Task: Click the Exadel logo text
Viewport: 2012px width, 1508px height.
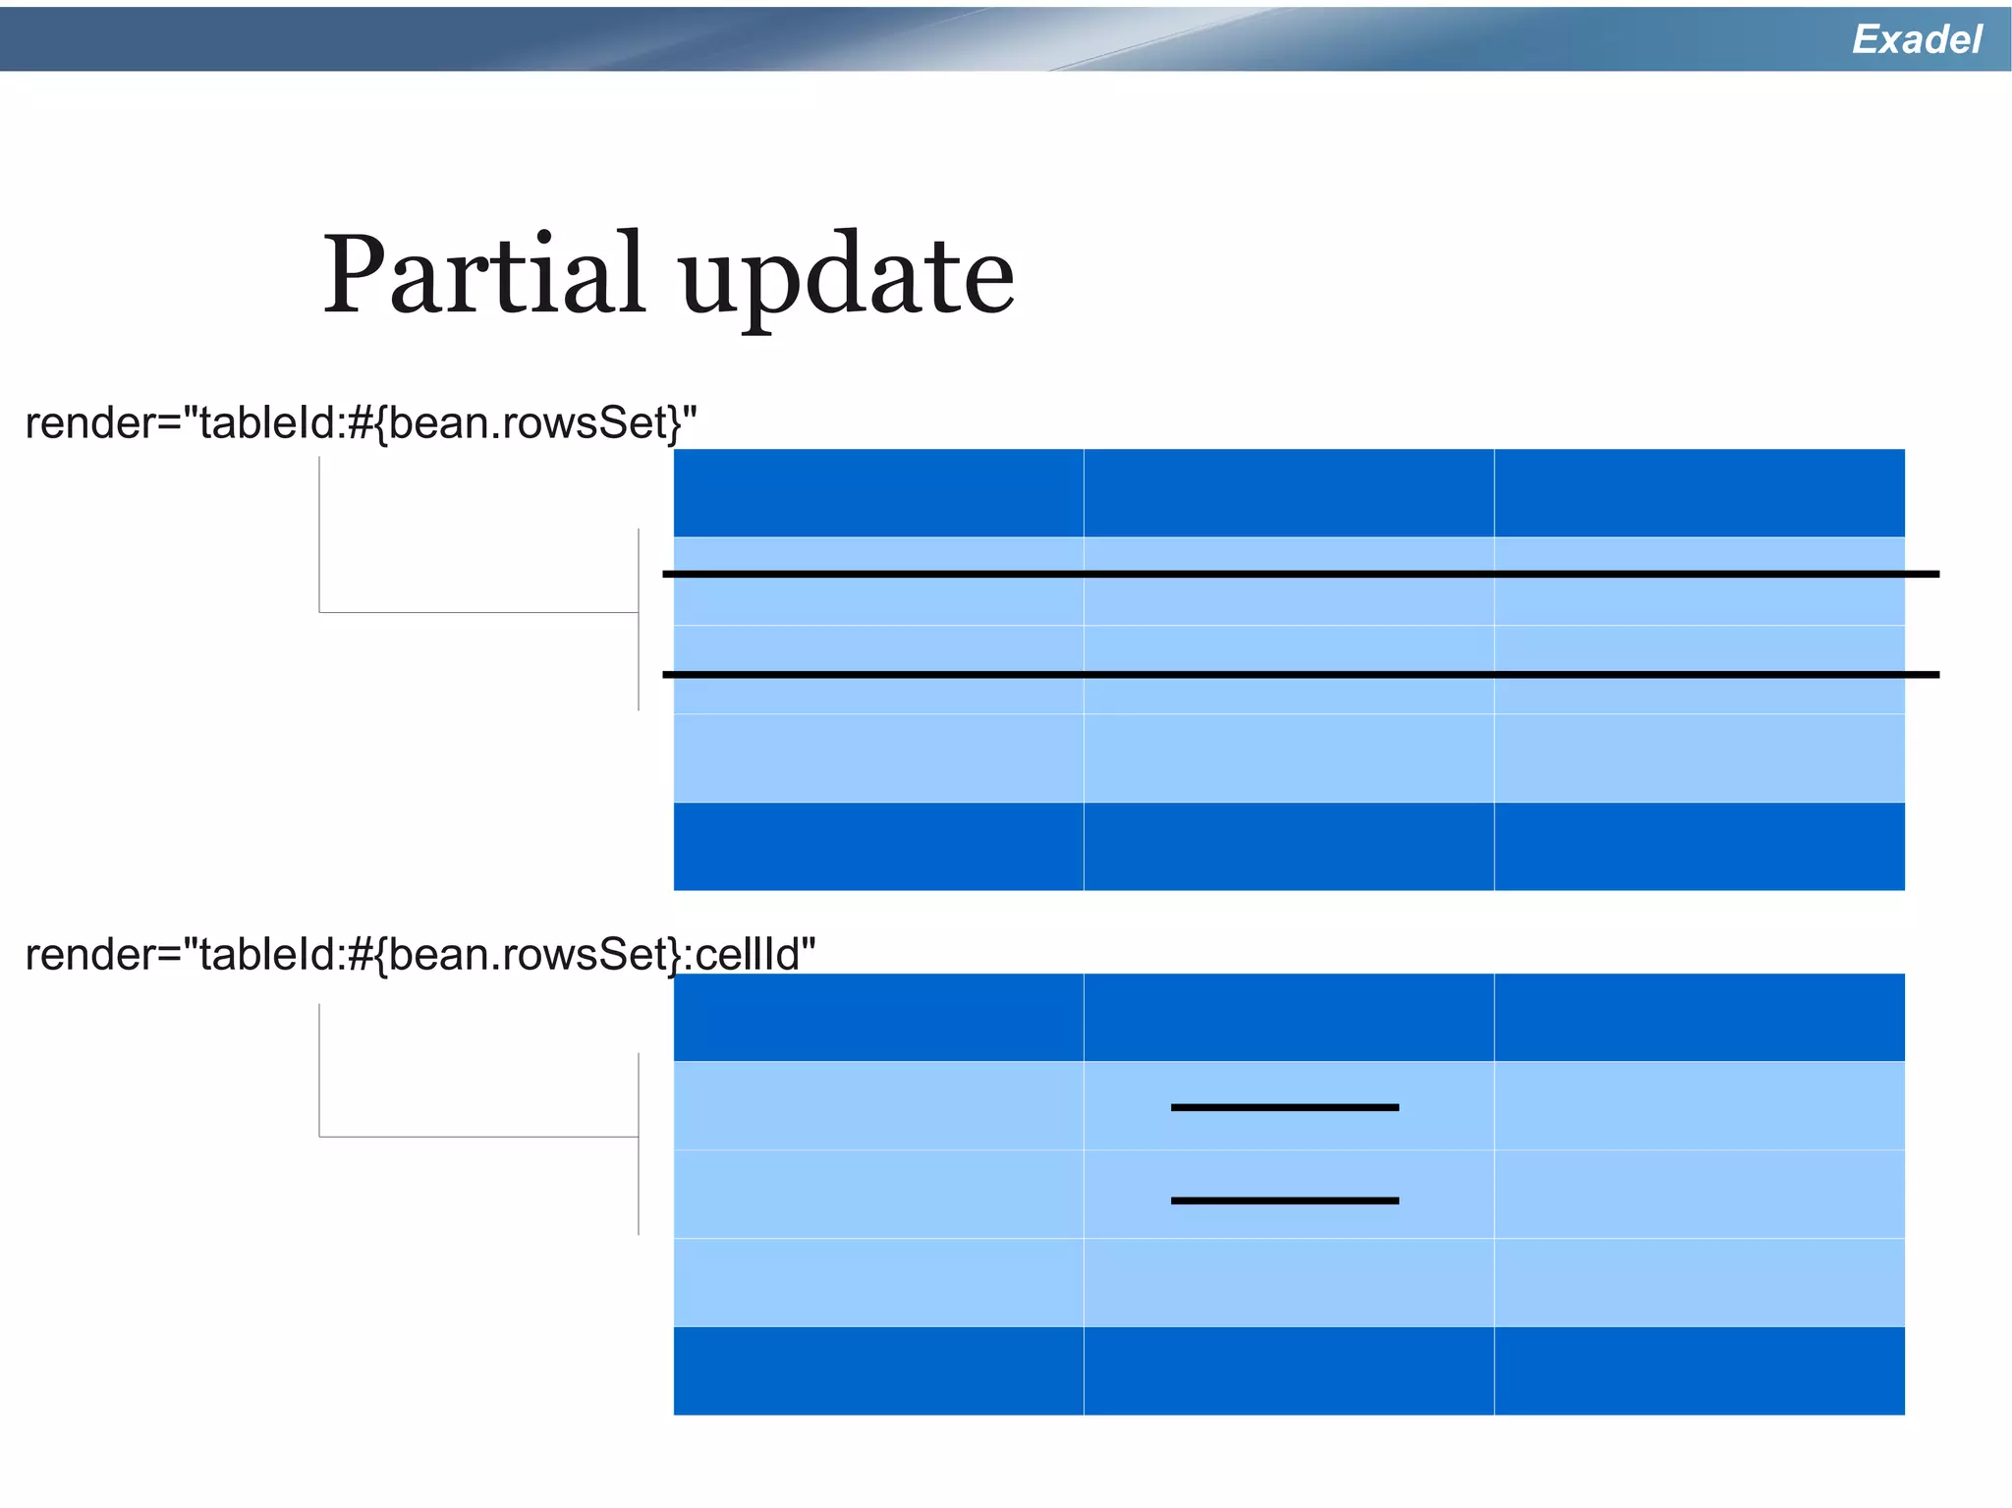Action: (x=1916, y=39)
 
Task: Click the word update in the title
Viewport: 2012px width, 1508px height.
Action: (x=847, y=280)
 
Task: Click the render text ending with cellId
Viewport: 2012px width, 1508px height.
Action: (x=419, y=955)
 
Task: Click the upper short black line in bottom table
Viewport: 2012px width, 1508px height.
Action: (x=1284, y=1107)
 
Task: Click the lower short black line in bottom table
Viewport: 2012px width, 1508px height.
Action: (x=1284, y=1201)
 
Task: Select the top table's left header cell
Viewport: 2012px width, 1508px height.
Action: (x=878, y=493)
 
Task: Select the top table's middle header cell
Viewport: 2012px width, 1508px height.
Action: (x=1289, y=493)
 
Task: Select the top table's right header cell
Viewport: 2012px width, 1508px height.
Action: (x=1700, y=493)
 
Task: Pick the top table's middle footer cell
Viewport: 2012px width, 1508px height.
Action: (x=1289, y=847)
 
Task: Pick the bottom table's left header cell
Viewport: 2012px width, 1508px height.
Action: (x=878, y=1018)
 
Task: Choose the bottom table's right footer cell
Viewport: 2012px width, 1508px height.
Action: (x=1700, y=1371)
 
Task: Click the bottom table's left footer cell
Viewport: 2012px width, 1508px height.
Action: (x=878, y=1371)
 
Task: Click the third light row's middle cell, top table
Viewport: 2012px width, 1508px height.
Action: (x=1289, y=758)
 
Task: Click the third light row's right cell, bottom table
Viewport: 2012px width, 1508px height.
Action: (x=1700, y=1283)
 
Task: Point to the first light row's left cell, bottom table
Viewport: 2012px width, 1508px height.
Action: (x=878, y=1106)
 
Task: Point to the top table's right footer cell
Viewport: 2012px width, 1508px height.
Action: (x=1700, y=847)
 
